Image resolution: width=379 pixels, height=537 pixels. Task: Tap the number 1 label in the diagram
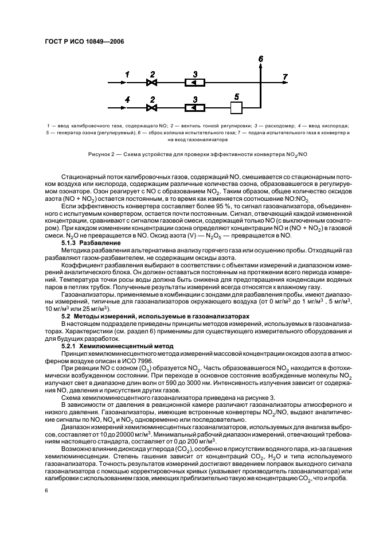point(127,74)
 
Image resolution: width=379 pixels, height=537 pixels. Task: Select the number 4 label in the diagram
point(127,99)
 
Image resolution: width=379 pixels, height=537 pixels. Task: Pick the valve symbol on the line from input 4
point(152,108)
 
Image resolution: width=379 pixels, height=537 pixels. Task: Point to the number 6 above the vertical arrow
point(261,59)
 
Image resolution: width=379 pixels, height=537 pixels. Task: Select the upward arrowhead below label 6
point(261,67)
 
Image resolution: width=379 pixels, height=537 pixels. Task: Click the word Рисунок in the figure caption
point(101,154)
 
